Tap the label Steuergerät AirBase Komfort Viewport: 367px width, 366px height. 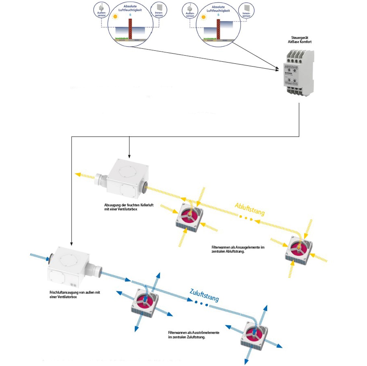tap(299, 40)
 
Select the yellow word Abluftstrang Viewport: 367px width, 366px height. tap(250, 209)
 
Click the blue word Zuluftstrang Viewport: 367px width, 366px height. tap(204, 295)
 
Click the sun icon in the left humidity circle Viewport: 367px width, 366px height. tap(115, 17)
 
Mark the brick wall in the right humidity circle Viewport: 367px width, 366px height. tap(218, 29)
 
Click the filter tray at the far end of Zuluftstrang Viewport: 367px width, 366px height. tap(254, 336)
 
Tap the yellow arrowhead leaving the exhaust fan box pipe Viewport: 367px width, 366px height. tap(78, 175)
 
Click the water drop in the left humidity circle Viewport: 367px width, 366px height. tap(130, 15)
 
